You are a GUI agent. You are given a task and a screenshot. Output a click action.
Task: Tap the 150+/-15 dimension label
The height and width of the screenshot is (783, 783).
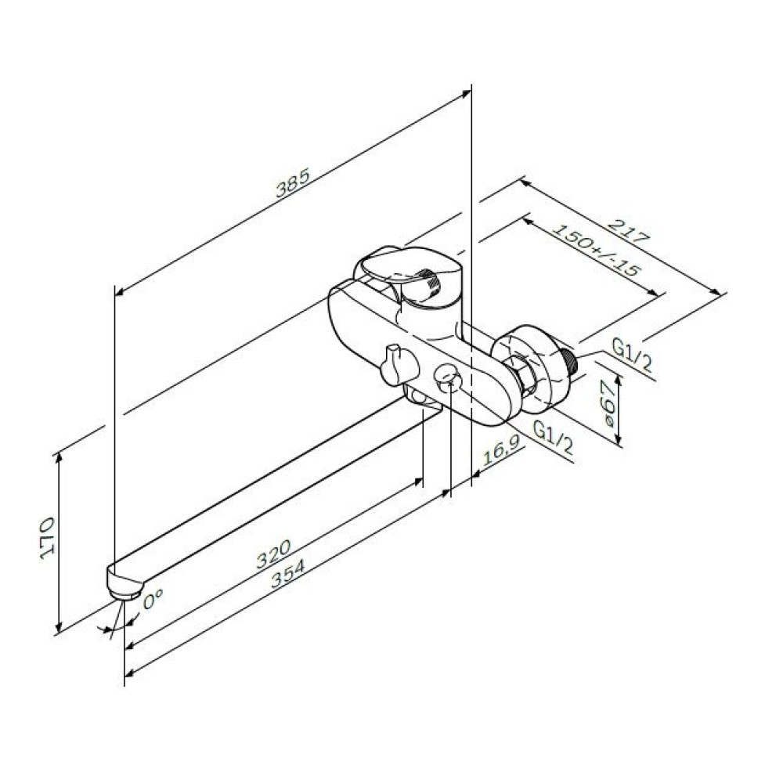click(x=597, y=251)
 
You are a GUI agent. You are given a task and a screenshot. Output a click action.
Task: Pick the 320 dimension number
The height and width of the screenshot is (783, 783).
click(x=273, y=554)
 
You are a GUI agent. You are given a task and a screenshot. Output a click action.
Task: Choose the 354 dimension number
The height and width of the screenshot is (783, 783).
click(x=287, y=574)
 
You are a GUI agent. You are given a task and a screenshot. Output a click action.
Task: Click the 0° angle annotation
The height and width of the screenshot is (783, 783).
click(x=153, y=598)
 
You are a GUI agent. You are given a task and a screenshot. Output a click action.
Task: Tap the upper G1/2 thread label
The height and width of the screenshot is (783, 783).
click(x=633, y=355)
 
